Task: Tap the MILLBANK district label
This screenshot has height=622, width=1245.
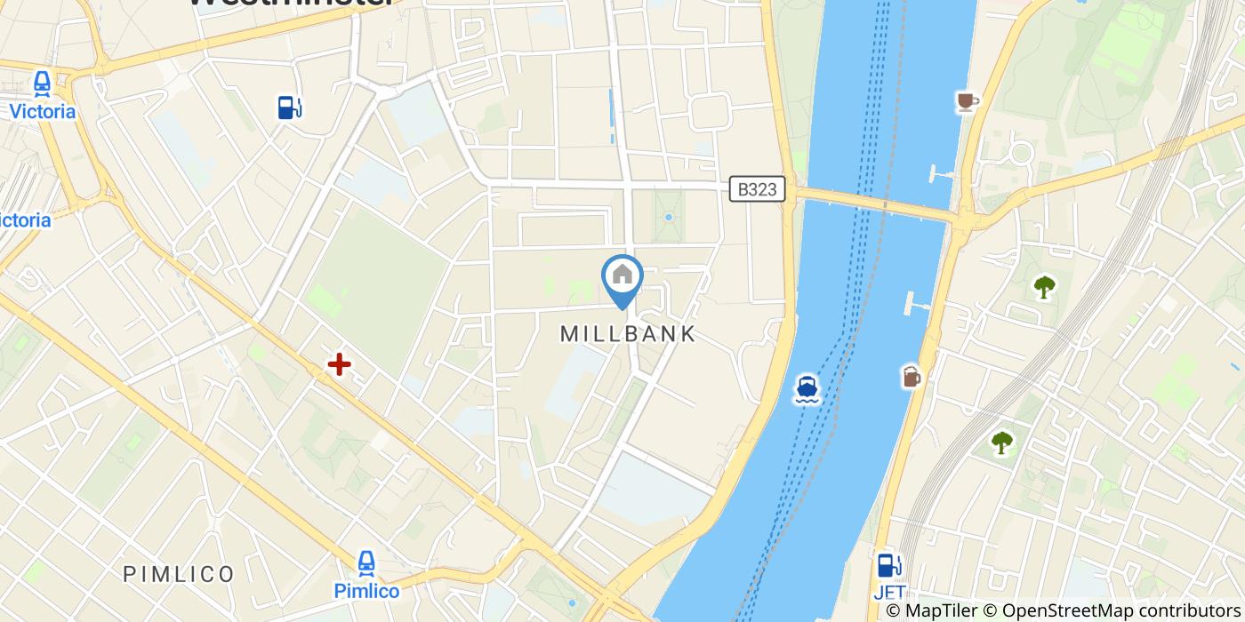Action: [x=628, y=334]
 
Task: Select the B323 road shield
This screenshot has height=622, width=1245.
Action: [x=757, y=188]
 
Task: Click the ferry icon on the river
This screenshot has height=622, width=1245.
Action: [x=807, y=389]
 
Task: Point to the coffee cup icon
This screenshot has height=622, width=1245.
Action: [x=967, y=102]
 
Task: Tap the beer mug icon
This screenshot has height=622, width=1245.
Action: [x=912, y=377]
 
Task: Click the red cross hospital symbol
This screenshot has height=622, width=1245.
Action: [x=339, y=364]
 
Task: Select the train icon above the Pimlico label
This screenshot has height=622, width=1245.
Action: [x=366, y=563]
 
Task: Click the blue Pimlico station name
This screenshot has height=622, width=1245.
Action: [x=366, y=590]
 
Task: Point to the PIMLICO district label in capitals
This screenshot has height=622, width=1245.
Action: [x=179, y=573]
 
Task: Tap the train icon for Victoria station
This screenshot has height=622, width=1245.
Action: [x=42, y=84]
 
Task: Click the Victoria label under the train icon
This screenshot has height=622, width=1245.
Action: [x=42, y=112]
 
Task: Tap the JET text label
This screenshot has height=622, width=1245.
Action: [x=889, y=592]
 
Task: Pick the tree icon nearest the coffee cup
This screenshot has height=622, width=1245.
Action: [x=1043, y=287]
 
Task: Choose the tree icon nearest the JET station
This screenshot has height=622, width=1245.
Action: [x=1002, y=442]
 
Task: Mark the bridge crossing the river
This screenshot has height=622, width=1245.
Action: [x=876, y=205]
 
